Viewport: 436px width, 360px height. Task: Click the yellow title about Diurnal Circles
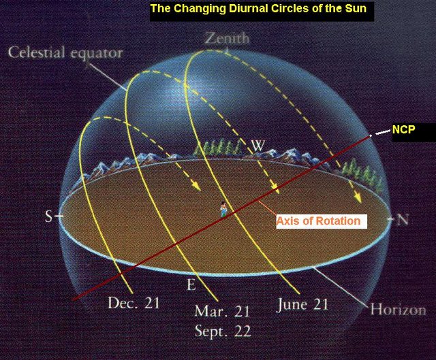258,8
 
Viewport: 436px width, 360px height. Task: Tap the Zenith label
227,38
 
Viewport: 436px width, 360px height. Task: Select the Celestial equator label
65,52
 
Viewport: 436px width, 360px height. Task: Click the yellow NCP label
404,129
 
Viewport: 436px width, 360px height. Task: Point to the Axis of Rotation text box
322,221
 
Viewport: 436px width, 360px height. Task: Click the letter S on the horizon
48,216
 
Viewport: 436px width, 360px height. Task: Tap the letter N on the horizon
402,220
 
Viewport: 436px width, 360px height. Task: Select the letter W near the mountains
258,145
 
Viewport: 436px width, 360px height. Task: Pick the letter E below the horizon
191,284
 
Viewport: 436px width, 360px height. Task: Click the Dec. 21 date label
134,303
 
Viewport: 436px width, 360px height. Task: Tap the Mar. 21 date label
221,311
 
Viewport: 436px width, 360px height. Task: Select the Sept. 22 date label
223,331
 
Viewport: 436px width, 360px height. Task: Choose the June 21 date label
302,305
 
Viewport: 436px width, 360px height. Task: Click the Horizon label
398,309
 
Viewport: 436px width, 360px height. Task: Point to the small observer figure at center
223,209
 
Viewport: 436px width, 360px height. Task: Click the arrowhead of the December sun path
197,186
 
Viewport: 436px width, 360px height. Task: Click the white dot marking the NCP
371,135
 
